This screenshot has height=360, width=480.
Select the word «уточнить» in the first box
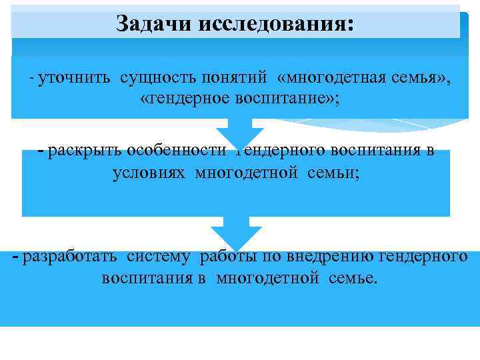76,79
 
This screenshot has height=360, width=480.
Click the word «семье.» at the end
353,277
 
